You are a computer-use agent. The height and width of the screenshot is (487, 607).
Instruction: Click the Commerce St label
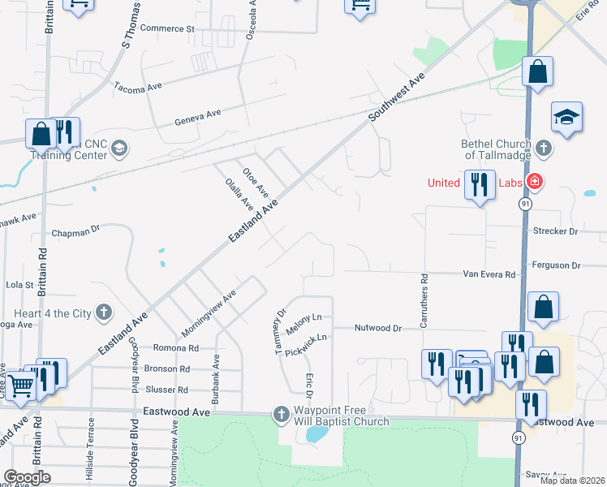[x=168, y=28]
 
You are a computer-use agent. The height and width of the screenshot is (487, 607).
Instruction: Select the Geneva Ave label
[x=198, y=119]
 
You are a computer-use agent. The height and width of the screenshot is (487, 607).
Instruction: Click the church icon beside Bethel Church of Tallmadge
[x=544, y=148]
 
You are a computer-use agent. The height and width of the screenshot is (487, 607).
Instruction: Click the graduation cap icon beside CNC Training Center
[x=119, y=148]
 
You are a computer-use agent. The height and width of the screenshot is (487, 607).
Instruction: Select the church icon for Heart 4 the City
[x=103, y=312]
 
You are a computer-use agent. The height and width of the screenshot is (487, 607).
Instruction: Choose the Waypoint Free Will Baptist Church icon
[x=282, y=414]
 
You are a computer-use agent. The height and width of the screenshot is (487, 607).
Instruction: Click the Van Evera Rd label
[x=489, y=275]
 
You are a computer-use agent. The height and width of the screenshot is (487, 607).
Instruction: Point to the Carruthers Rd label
[x=424, y=300]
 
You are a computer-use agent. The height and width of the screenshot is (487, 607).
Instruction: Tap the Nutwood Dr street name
[x=378, y=328]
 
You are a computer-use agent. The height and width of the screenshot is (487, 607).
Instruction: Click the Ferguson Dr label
[x=556, y=265]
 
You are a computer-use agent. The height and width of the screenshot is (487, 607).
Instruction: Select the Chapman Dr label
[x=75, y=231]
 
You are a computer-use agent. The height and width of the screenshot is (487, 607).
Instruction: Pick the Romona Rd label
[x=176, y=347]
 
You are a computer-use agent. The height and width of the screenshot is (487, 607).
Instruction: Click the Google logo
[x=28, y=476]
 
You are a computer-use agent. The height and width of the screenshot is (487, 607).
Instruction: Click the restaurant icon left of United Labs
[x=480, y=184]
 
